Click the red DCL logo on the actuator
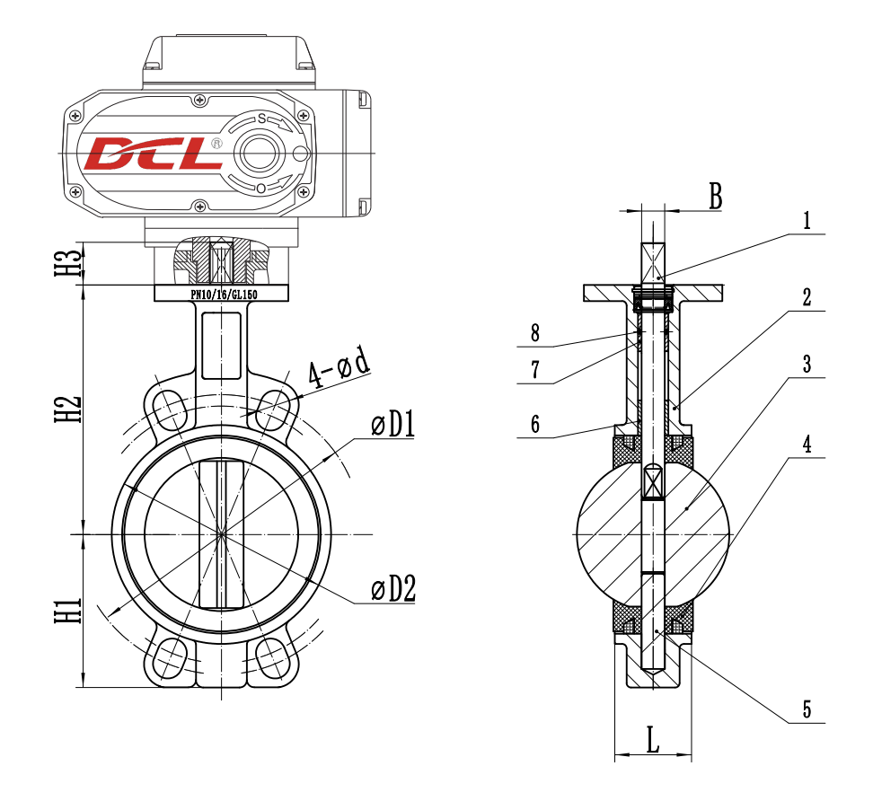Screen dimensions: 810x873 point(153,154)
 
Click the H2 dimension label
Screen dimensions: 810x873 point(69,405)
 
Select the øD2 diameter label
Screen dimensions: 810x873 point(393,589)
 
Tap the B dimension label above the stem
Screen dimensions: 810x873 point(714,197)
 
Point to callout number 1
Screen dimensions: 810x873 point(807,221)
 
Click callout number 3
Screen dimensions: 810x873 point(807,365)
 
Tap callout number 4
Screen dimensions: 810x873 point(807,444)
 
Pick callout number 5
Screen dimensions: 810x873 point(807,709)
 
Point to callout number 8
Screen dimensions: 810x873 point(535,333)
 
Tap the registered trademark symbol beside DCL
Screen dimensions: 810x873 point(216,143)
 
